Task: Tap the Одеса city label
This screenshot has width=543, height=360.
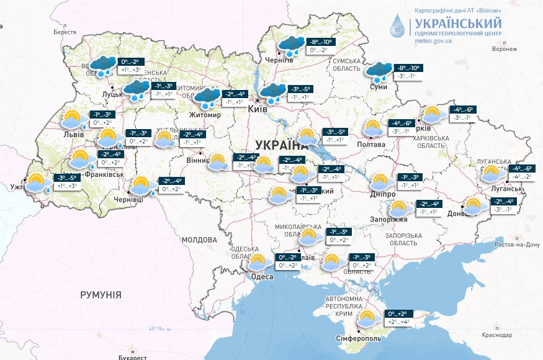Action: (x=261, y=277)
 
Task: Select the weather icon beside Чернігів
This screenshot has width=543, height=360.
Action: (x=290, y=47)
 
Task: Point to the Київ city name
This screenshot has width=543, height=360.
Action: (x=257, y=109)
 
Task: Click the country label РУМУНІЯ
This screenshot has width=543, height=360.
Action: (x=101, y=295)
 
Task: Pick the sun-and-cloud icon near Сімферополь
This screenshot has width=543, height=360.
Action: (x=367, y=318)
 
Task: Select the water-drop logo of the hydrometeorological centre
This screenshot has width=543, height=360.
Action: (x=397, y=27)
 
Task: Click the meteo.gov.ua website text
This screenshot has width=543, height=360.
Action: (x=433, y=41)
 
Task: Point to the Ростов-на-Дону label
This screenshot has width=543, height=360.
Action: (x=516, y=244)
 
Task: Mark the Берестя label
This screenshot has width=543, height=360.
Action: (x=65, y=32)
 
